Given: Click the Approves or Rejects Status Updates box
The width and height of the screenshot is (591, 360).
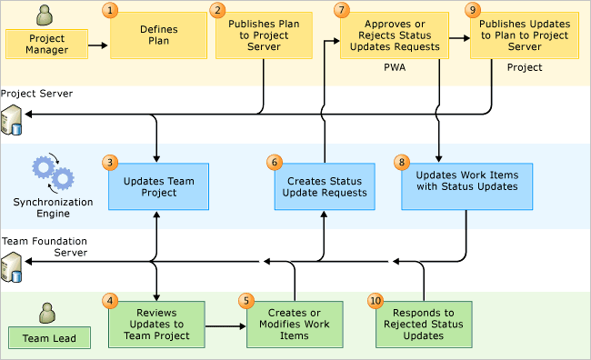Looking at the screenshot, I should [394, 35].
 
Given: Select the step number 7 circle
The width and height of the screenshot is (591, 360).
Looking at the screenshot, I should [341, 10].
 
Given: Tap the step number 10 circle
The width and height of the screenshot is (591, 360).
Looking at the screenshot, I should [376, 300].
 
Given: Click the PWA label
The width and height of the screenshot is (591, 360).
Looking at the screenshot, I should [394, 67].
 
